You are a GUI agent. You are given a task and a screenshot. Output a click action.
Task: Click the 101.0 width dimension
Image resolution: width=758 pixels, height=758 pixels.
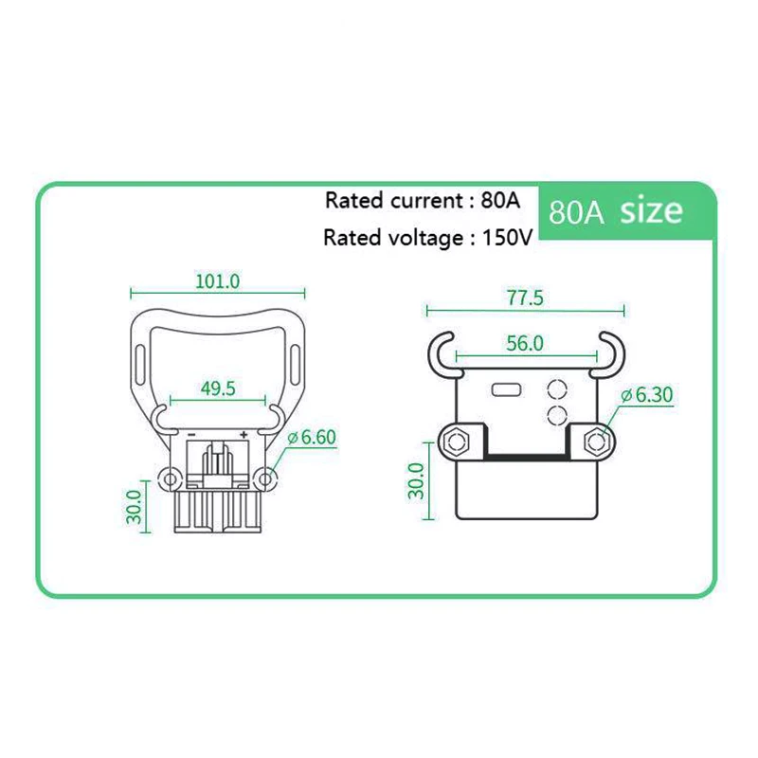217,281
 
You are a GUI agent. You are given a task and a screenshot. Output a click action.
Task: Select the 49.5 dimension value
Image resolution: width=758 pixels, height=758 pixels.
217,388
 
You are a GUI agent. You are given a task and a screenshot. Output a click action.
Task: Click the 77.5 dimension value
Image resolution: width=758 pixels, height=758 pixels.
524,298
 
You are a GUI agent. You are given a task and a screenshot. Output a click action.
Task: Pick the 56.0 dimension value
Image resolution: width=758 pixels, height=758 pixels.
525,344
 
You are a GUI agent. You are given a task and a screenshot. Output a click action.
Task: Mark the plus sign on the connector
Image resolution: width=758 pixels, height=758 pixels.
244,434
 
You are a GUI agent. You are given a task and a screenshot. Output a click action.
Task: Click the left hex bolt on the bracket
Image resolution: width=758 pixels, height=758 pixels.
454,442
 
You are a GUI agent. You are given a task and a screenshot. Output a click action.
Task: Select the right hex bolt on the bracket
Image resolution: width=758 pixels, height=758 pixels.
597,442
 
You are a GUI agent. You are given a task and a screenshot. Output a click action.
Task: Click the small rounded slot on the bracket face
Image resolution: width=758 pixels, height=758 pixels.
503,388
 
